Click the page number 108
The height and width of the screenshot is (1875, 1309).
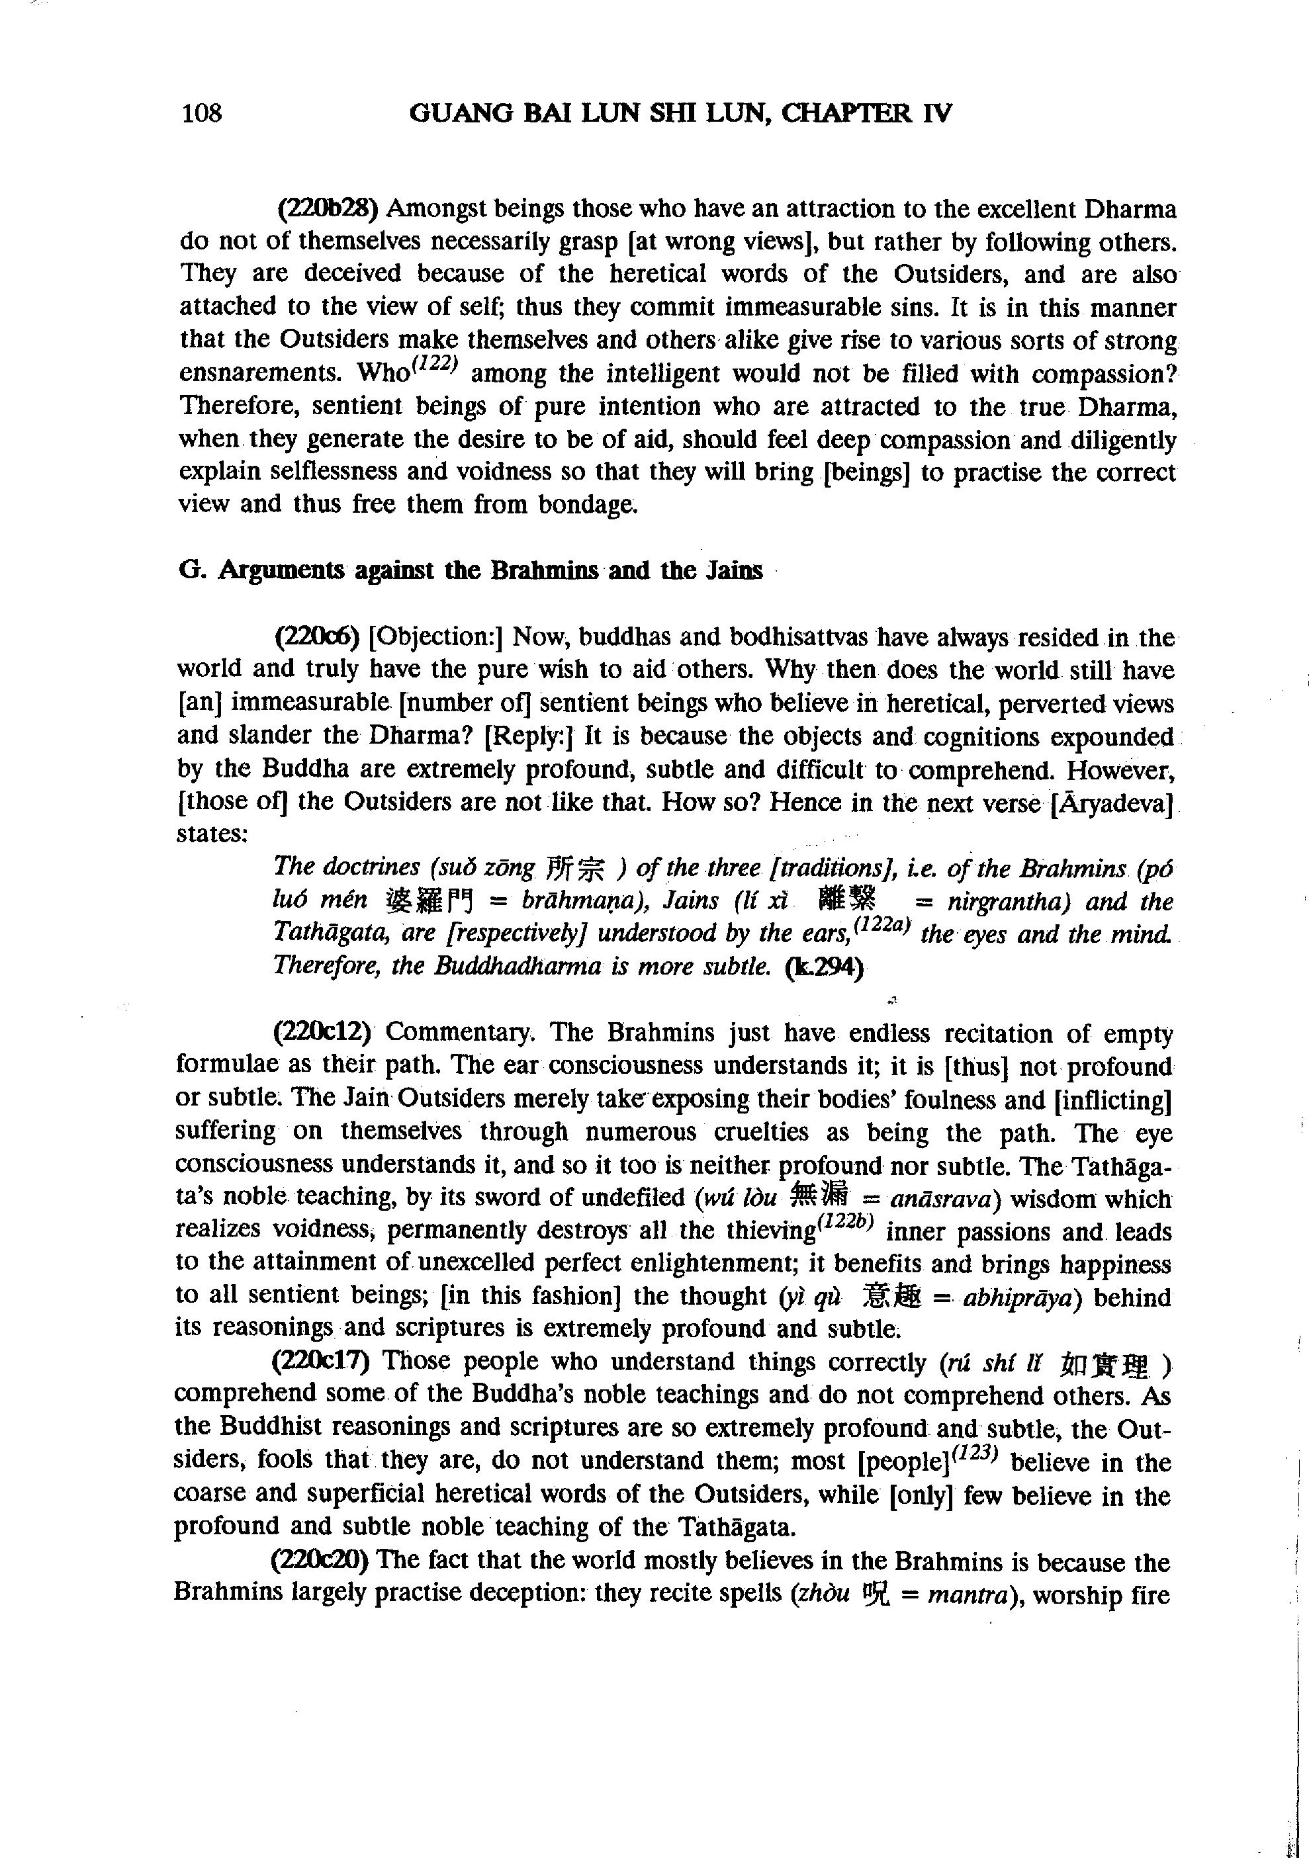(202, 112)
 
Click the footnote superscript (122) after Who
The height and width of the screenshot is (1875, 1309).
(437, 367)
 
